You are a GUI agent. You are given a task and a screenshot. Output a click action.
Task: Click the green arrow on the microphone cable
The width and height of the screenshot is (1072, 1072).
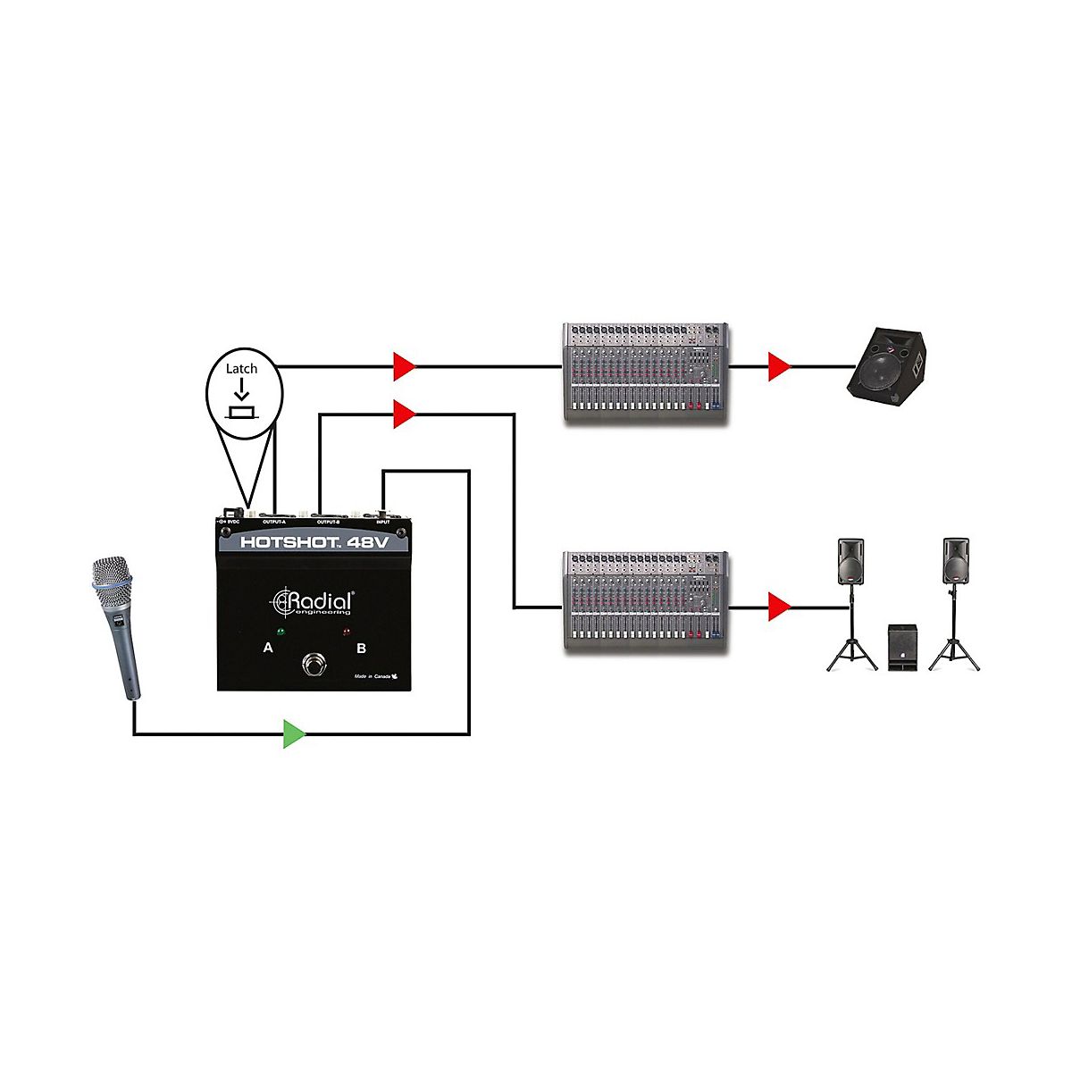coord(294,733)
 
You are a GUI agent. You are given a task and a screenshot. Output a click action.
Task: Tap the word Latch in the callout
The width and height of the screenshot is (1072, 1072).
coord(241,368)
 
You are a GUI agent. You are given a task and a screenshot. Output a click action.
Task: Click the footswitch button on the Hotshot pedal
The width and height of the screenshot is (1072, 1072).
coord(314,665)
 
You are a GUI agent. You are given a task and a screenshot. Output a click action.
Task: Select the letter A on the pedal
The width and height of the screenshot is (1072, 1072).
coord(268,648)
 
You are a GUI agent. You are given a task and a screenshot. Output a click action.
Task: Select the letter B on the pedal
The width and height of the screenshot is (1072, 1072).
coord(361,648)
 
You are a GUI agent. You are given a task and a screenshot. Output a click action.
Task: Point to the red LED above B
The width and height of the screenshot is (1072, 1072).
coord(348,632)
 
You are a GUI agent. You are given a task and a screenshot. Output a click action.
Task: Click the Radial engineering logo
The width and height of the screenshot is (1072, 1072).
coord(313,602)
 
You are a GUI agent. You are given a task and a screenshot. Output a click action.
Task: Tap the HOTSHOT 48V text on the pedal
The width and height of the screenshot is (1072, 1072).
coord(313,542)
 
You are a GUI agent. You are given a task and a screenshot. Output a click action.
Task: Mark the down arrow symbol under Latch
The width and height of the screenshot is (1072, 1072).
coord(241,391)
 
